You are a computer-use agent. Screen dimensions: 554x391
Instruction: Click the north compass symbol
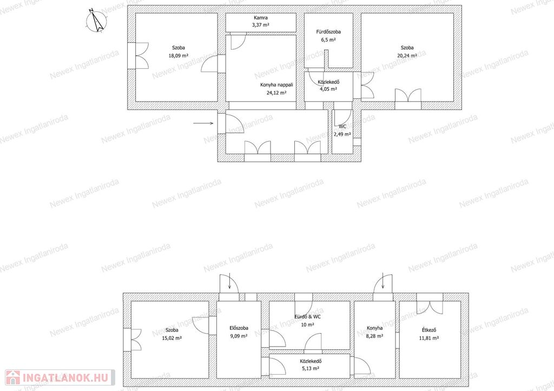[x=96, y=21]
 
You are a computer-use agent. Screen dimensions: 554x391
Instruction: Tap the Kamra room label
[x=261, y=18]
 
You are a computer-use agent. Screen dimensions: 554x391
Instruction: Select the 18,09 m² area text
[x=179, y=56]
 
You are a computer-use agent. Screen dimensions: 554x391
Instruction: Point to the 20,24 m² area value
[x=407, y=56]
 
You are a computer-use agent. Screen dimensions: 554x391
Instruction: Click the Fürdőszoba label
[x=328, y=32]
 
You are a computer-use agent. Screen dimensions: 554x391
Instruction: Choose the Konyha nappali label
[x=276, y=85]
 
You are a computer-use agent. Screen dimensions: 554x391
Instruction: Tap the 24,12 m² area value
[x=276, y=93]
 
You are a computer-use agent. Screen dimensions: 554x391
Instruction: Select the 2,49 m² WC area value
[x=342, y=134]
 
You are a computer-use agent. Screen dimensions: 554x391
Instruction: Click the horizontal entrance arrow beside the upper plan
[x=203, y=123]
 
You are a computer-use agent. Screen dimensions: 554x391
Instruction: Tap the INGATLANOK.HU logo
[x=60, y=377]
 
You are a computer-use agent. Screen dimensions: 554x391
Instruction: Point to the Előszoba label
[x=239, y=328]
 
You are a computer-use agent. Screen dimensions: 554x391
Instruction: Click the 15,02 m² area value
[x=172, y=338]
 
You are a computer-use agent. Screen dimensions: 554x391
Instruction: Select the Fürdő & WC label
[x=307, y=317]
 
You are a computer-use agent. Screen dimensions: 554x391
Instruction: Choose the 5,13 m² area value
[x=310, y=368]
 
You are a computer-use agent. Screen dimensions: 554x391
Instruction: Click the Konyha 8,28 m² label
[x=374, y=332]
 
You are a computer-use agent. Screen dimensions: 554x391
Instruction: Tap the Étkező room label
[x=429, y=330]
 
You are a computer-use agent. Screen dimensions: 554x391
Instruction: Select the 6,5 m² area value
[x=328, y=40]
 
